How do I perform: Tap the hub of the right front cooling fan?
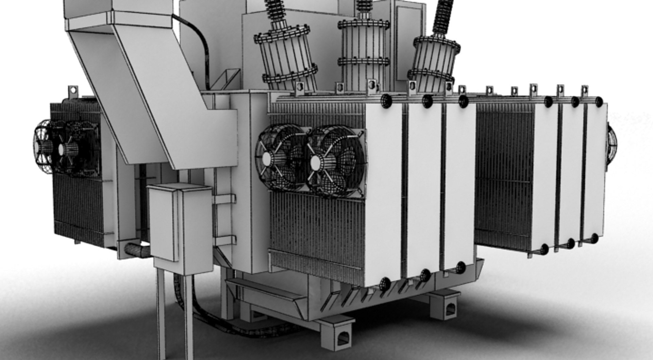pyautogui.click(x=316, y=162)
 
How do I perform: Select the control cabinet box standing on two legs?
pyautogui.click(x=180, y=226)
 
